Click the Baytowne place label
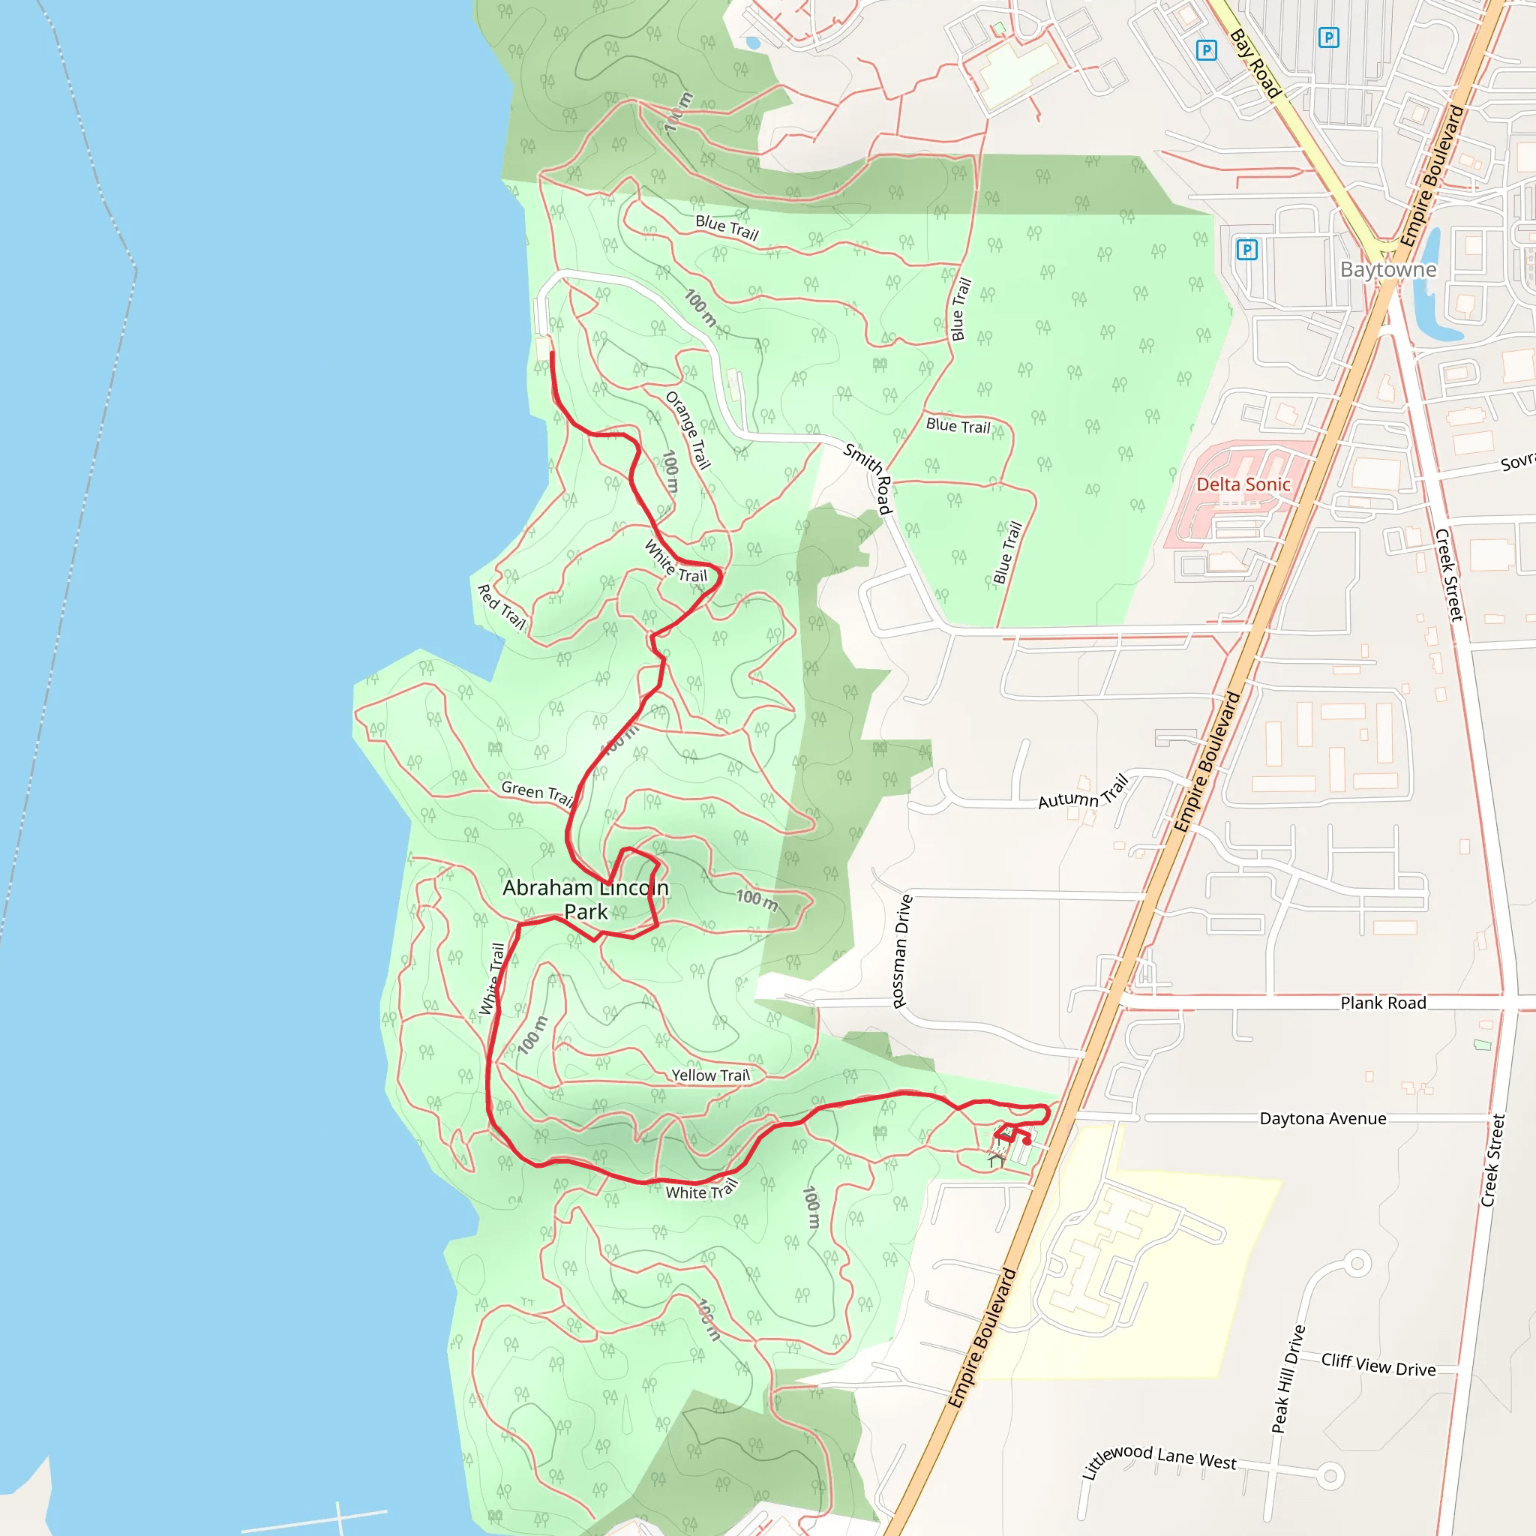coord(1388,269)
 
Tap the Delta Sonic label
coord(1243,484)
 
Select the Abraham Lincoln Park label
coord(585,899)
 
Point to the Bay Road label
coord(1255,64)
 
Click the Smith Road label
coord(869,478)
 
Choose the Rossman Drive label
coord(901,951)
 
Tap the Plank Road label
coord(1383,1003)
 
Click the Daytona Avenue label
coord(1323,1118)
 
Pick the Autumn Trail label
coord(1084,793)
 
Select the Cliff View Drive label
coord(1378,1365)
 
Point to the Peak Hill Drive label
coord(1288,1379)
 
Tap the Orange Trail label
coord(688,430)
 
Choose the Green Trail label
coord(538,793)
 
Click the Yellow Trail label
coord(710,1075)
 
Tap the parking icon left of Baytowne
coord(1246,250)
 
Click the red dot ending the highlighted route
coord(1027,1141)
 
